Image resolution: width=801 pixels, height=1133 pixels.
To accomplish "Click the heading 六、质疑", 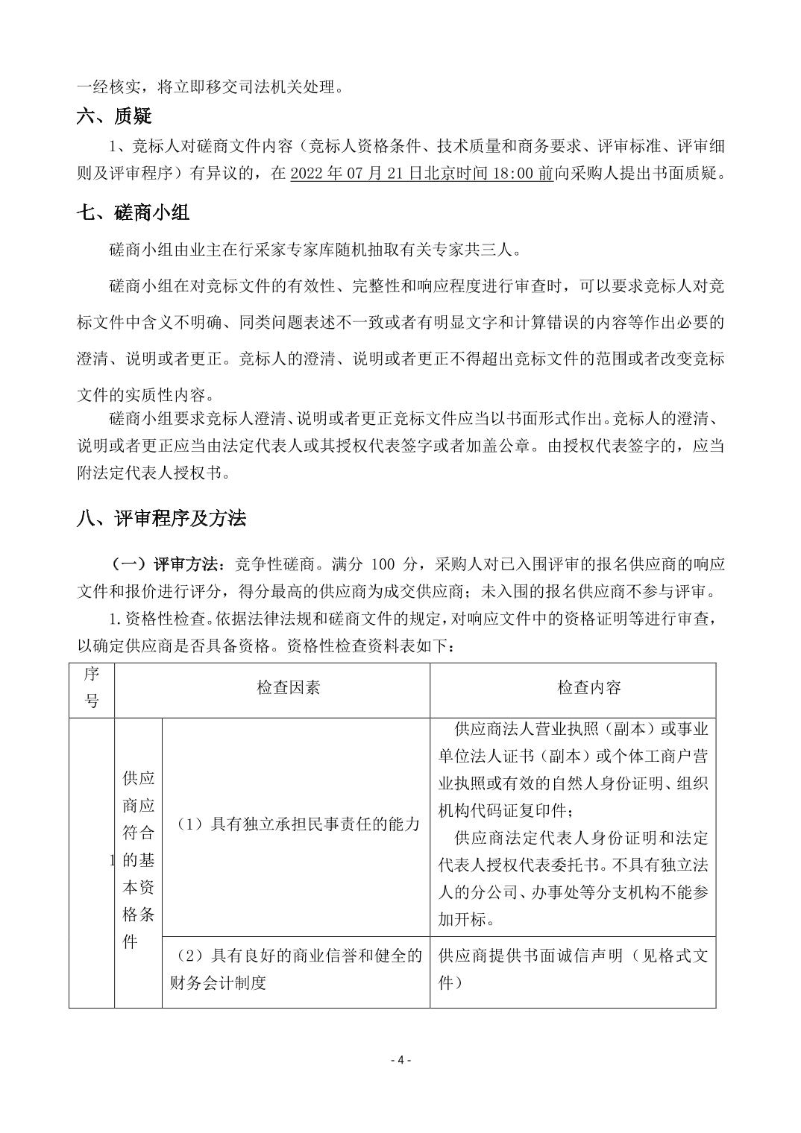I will [114, 116].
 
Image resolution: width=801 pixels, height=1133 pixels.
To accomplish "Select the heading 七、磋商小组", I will [133, 212].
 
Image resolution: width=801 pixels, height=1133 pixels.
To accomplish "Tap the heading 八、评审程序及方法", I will [161, 518].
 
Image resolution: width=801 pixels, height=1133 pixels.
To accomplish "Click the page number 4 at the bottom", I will [400, 1060].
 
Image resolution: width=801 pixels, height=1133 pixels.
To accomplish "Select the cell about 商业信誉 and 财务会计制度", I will [296, 969].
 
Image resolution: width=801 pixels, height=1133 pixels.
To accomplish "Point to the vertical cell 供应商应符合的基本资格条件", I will [138, 859].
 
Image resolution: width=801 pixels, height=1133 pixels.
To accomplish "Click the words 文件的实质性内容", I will [146, 392].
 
